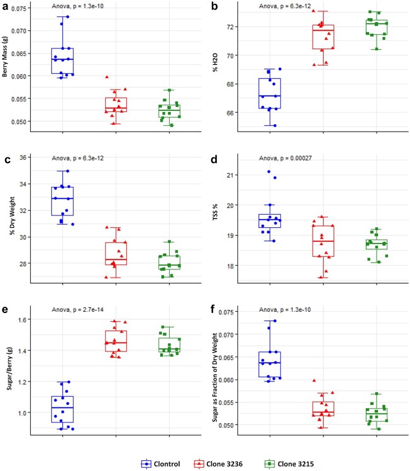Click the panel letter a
point(5,6)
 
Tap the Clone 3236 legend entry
point(218,464)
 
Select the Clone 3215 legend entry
point(289,464)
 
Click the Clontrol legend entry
point(160,464)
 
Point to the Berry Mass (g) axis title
point(4,57)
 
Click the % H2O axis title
point(215,62)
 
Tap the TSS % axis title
point(215,212)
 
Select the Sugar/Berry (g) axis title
point(9,369)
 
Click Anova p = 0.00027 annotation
point(285,158)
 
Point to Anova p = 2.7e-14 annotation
point(78,309)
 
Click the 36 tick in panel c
point(23,157)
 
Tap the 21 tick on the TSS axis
point(231,175)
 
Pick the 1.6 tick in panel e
point(23,319)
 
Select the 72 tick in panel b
point(231,27)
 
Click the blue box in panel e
point(62,409)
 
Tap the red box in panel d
point(323,241)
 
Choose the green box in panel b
point(377,27)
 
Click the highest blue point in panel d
point(269,171)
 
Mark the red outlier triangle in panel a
point(107,77)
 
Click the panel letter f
point(213,309)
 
